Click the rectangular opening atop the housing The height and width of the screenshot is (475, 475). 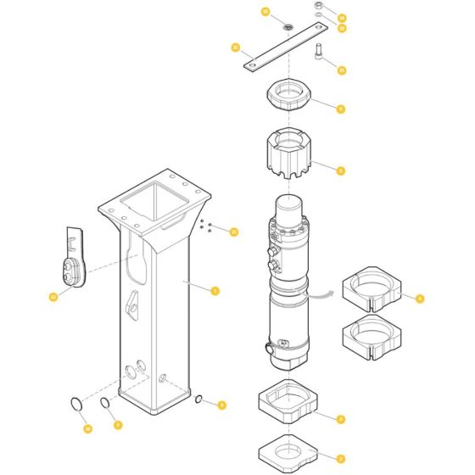154,204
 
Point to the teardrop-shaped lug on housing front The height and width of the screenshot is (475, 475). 133,303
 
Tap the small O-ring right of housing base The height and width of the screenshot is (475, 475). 197,400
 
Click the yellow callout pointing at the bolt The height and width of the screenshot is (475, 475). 341,70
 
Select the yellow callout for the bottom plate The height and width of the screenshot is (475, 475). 340,458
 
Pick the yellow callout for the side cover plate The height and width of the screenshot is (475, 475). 53,296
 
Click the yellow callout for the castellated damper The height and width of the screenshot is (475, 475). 340,170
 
